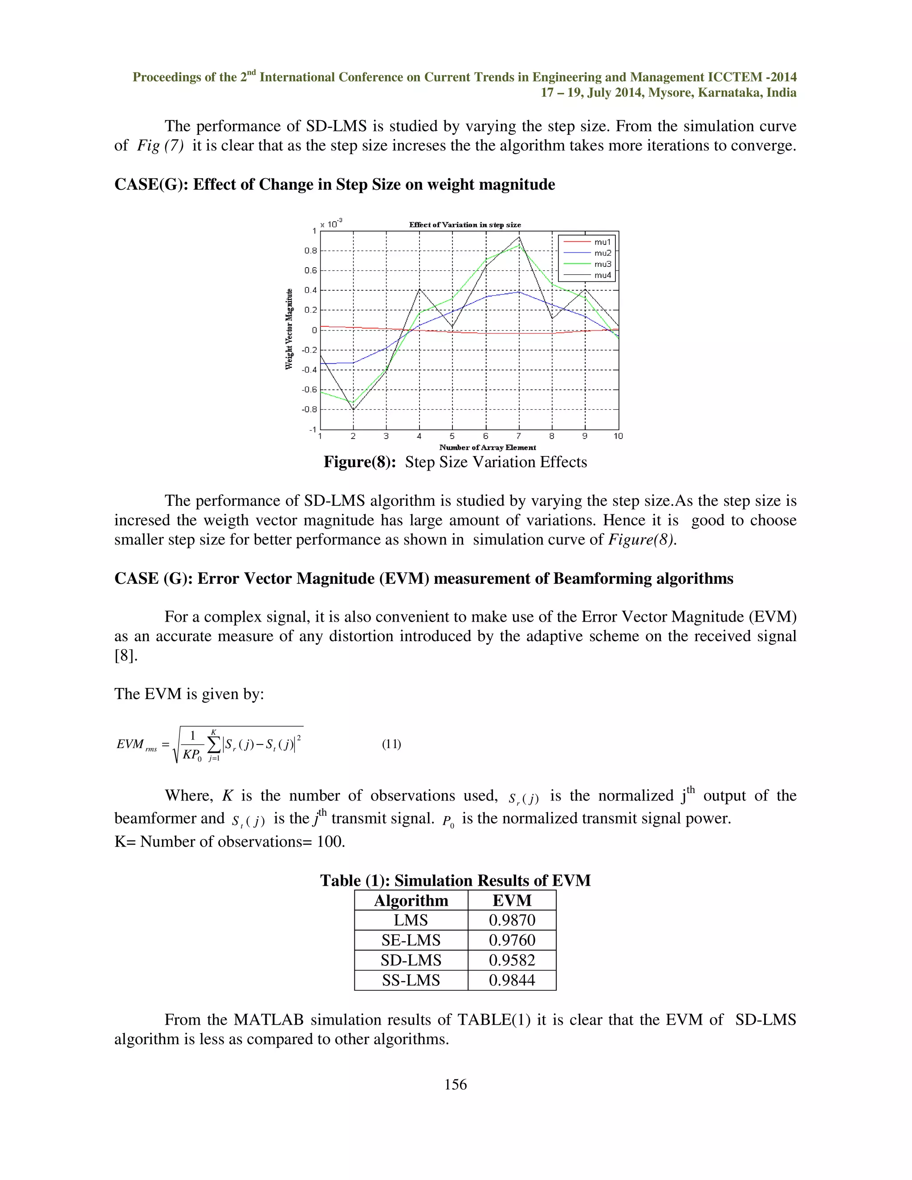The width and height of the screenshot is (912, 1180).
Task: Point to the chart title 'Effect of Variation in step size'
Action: pos(464,225)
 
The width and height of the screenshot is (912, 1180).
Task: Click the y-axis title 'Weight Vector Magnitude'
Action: pos(289,329)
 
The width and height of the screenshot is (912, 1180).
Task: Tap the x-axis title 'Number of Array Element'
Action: pos(487,448)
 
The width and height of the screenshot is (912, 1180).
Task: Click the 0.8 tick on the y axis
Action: pos(310,251)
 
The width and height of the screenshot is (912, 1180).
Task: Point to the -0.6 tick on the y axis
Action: pos(309,390)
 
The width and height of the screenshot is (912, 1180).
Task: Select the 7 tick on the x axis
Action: pos(519,436)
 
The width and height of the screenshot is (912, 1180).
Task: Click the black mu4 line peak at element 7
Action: pos(519,237)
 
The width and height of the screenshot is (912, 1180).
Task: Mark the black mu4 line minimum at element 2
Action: pos(353,410)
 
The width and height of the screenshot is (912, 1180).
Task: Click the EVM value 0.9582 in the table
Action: pos(512,960)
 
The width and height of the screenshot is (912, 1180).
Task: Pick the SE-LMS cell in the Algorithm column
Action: pos(411,940)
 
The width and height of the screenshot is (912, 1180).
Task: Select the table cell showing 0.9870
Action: pos(512,920)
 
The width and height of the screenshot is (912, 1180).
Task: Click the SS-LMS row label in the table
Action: pos(411,980)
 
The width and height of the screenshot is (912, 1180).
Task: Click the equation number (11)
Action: pos(391,744)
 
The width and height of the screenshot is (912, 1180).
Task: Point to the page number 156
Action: pos(456,1084)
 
